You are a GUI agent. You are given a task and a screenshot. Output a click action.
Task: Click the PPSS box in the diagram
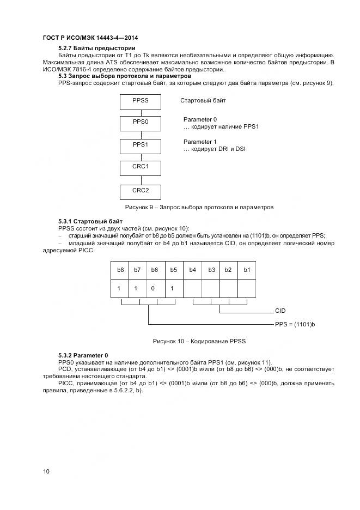point(140,101)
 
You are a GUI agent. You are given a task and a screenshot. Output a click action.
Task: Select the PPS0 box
point(140,123)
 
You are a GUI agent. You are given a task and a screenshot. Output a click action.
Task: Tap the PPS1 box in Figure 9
point(140,146)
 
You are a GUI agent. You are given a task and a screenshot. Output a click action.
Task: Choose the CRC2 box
point(140,191)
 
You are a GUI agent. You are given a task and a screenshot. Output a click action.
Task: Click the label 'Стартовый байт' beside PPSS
point(203,101)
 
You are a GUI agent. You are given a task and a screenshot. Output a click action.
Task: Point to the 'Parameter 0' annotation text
point(200,119)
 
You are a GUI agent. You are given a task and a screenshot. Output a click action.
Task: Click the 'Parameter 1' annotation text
point(200,142)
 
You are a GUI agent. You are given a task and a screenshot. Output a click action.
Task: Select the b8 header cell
point(120,270)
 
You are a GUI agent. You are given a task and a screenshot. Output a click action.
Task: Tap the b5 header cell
point(174,270)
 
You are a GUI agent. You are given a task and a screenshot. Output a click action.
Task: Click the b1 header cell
point(247,270)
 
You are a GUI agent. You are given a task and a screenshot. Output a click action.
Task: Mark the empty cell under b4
point(192,288)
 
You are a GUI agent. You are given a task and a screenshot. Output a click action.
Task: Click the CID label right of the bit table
point(280,311)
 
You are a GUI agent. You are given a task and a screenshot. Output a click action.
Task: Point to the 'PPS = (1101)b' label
point(295,324)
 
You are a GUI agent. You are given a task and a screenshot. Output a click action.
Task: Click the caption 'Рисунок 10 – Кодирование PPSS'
point(199,342)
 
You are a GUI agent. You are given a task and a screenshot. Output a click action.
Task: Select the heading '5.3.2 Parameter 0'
point(83,355)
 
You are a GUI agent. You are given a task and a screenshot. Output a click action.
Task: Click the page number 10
point(46,471)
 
